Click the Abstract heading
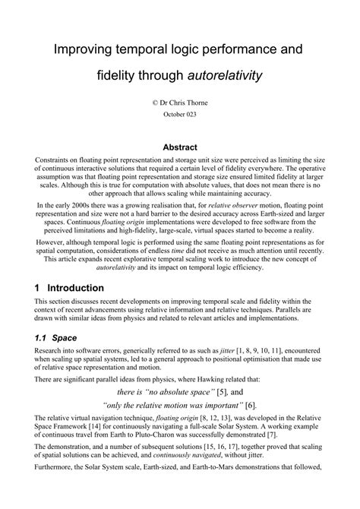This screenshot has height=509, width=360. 180,147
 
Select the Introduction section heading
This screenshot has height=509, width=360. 76,289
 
